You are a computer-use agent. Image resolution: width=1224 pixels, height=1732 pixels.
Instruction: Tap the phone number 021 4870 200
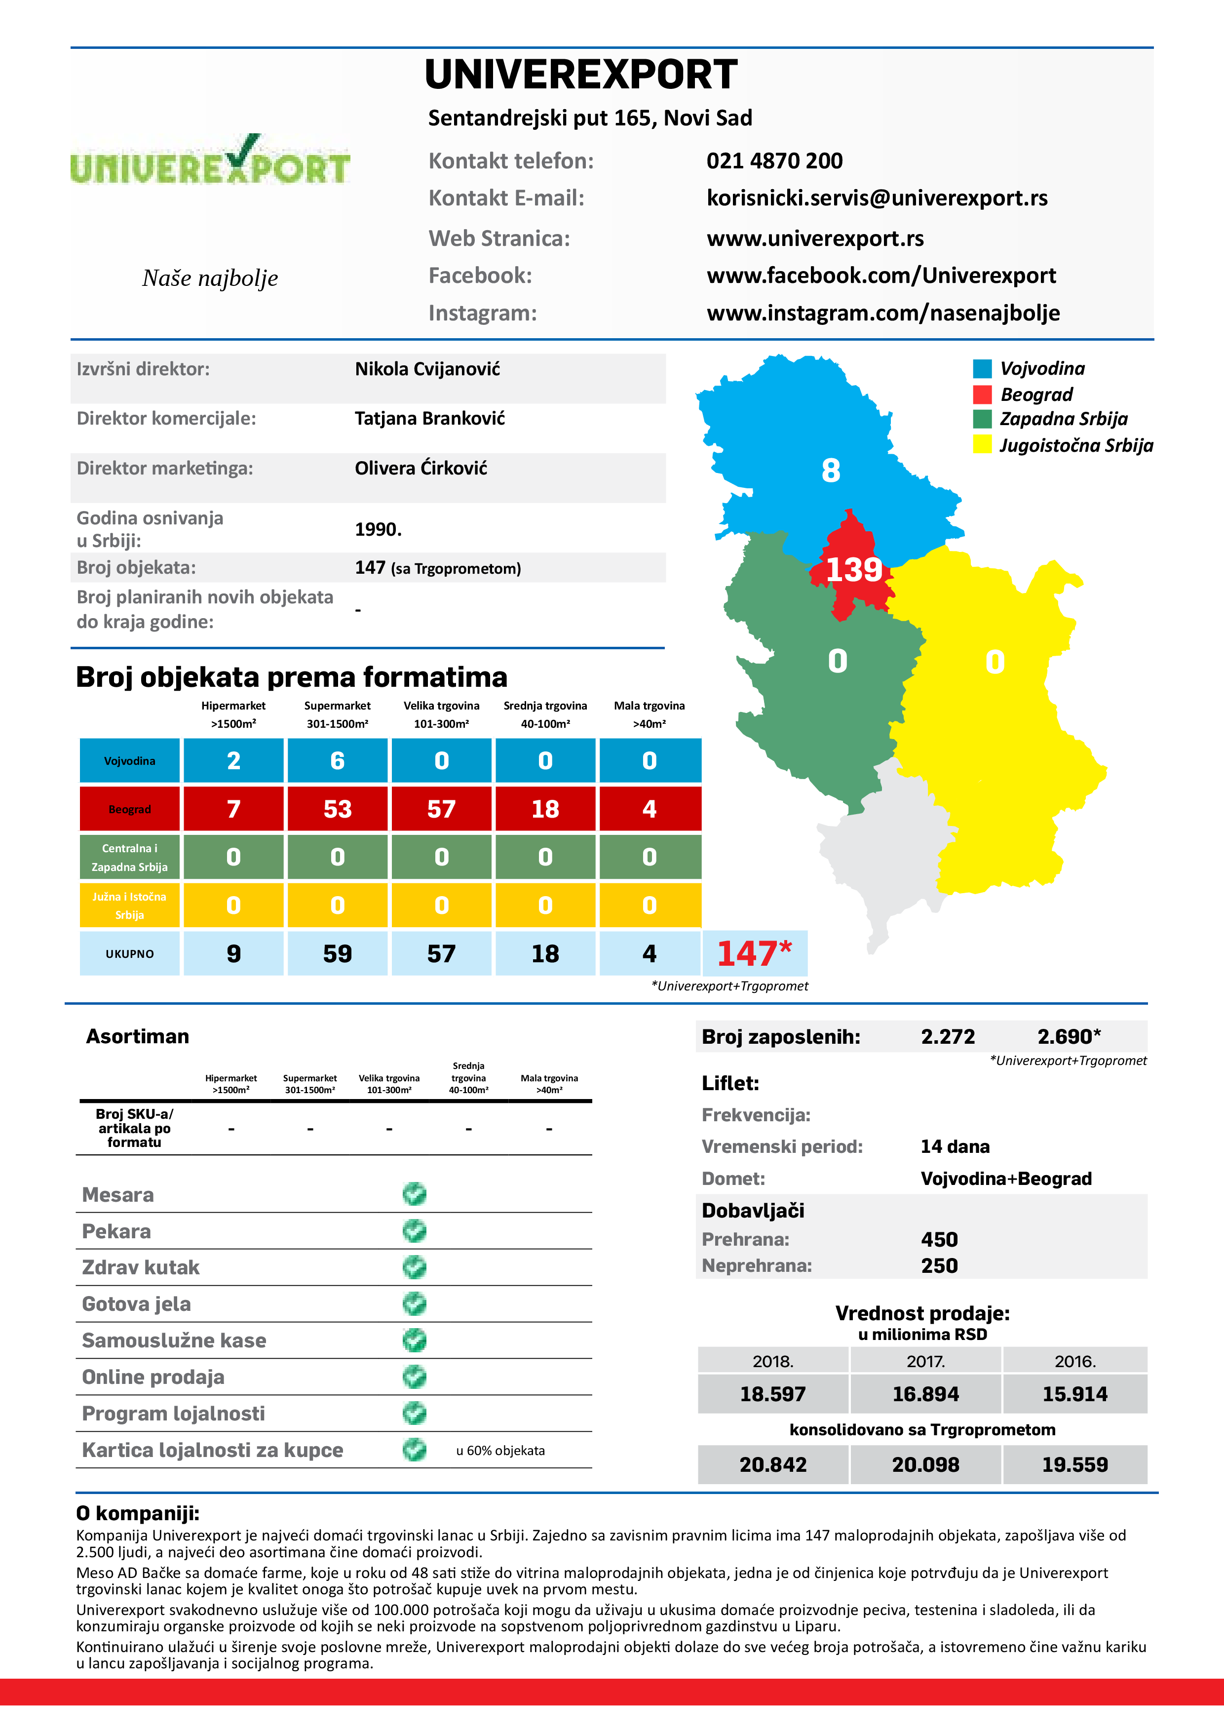pyautogui.click(x=774, y=160)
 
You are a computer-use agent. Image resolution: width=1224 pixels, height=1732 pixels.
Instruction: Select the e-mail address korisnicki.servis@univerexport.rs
pyautogui.click(x=877, y=198)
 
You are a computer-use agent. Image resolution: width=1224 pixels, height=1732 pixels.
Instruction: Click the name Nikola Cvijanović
pyautogui.click(x=427, y=369)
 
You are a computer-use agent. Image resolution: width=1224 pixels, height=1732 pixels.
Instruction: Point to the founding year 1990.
pyautogui.click(x=378, y=530)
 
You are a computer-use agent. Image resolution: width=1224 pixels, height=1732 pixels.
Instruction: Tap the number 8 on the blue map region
pyautogui.click(x=830, y=471)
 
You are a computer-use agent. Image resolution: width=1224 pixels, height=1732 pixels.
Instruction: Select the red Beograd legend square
pyautogui.click(x=982, y=394)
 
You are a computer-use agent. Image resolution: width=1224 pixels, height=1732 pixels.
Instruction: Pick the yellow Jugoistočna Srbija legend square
pyautogui.click(x=982, y=444)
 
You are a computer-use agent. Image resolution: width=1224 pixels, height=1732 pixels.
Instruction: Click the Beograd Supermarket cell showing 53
pyautogui.click(x=337, y=809)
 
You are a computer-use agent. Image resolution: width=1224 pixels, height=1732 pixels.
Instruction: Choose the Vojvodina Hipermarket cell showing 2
pyautogui.click(x=234, y=760)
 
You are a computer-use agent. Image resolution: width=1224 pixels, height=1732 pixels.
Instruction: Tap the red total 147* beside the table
pyautogui.click(x=754, y=953)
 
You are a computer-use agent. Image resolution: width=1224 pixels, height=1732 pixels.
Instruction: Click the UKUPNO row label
pyautogui.click(x=130, y=953)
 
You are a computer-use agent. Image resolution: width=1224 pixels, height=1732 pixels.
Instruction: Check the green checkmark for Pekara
pyautogui.click(x=414, y=1230)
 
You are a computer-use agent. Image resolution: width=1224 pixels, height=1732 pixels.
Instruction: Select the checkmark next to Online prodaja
pyautogui.click(x=414, y=1377)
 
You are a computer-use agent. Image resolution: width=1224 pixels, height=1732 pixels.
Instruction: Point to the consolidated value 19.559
pyautogui.click(x=1074, y=1465)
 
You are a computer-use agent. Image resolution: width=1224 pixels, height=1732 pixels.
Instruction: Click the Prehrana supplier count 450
pyautogui.click(x=939, y=1239)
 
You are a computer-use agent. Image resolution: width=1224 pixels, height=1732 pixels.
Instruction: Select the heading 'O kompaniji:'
pyautogui.click(x=137, y=1513)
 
